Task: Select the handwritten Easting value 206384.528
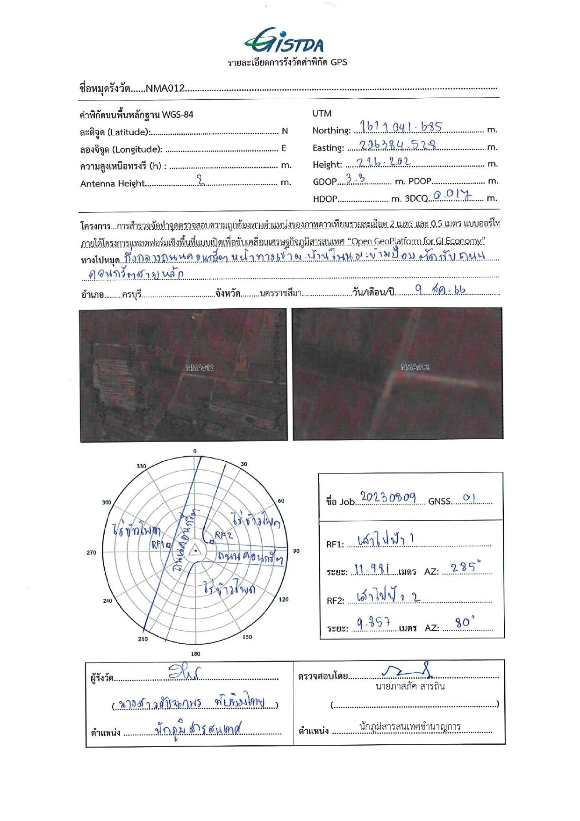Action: point(399,145)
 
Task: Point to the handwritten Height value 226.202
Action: point(383,162)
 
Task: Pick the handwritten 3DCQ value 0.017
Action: point(452,195)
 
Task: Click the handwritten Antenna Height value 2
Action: point(201,181)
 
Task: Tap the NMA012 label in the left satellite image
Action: point(200,368)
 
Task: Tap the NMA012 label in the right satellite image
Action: point(415,367)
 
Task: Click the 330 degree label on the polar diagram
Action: point(141,466)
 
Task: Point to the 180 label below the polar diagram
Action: point(195,654)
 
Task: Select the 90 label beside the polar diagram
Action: point(296,551)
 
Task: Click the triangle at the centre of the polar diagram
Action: point(195,551)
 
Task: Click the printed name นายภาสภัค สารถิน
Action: point(410,687)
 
